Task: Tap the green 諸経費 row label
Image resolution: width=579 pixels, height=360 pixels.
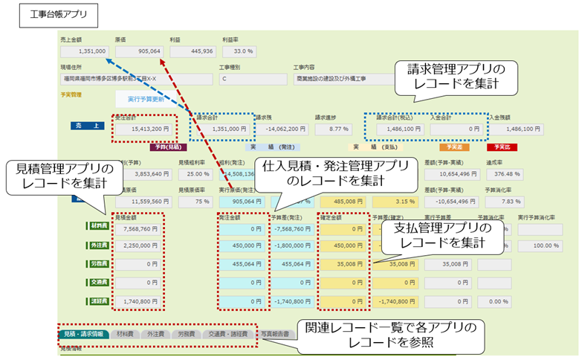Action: [97, 301]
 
